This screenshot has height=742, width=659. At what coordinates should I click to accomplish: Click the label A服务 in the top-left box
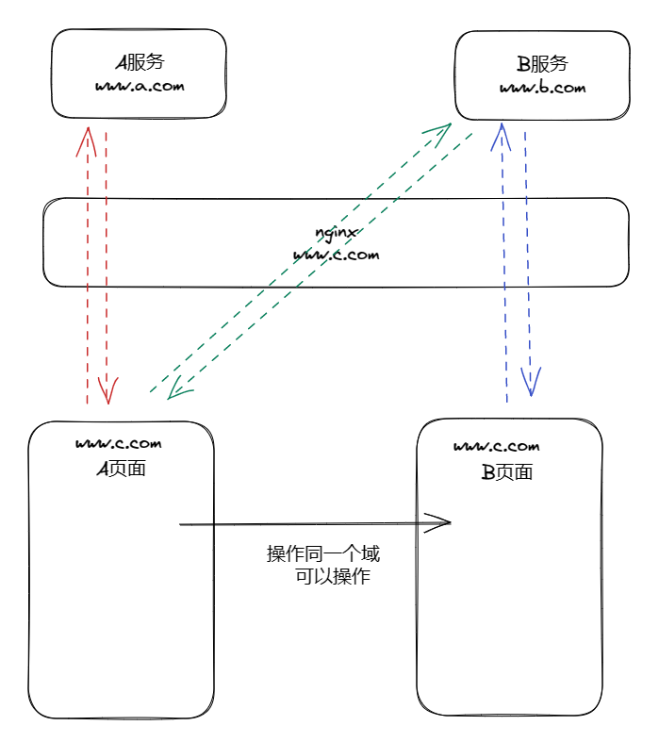140,63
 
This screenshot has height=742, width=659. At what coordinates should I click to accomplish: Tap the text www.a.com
140,86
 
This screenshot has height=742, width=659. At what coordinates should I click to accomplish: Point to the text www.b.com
542,88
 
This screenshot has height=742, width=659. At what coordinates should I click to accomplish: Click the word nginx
336,231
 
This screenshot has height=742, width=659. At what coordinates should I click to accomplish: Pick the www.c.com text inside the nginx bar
336,255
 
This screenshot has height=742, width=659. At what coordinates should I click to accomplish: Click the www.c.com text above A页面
119,443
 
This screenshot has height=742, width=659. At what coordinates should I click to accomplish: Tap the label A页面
122,468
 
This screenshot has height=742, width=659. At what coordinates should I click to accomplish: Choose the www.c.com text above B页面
496,446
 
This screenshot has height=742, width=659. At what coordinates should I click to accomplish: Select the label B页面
507,471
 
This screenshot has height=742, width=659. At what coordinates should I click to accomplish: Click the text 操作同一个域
323,553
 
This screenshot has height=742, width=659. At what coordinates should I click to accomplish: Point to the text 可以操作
333,577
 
